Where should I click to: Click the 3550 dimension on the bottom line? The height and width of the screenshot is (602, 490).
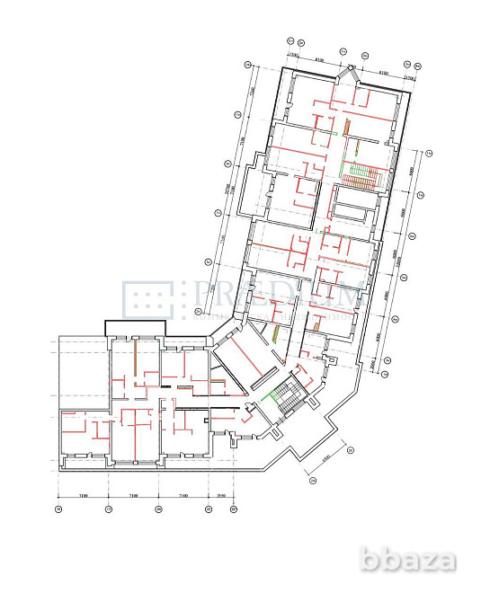(221, 494)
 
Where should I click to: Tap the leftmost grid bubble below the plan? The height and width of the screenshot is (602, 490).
(58, 509)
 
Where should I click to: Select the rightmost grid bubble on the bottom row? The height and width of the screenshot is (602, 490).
(233, 509)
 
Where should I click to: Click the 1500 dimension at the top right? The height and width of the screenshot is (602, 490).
(409, 76)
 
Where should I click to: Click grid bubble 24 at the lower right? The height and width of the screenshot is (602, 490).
(313, 481)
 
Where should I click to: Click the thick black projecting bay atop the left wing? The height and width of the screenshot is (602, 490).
(140, 327)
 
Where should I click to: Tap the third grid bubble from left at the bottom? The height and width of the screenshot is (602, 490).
(158, 509)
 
